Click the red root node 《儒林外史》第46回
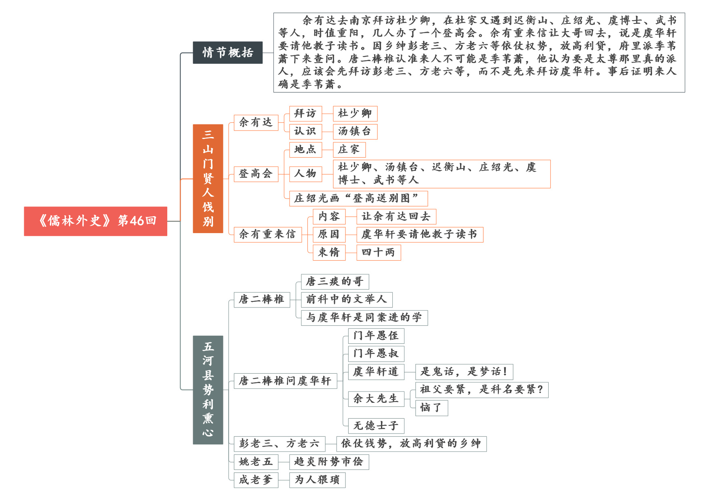click(x=95, y=221)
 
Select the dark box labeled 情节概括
click(x=227, y=53)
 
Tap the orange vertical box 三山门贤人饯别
click(x=208, y=179)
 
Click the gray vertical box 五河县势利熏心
click(x=208, y=390)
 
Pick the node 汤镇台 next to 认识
click(x=355, y=131)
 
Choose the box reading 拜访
click(x=305, y=114)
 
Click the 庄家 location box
click(x=349, y=149)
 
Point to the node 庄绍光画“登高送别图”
click(x=358, y=198)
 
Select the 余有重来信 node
click(x=267, y=234)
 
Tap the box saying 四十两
click(x=379, y=253)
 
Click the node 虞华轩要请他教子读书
click(x=420, y=234)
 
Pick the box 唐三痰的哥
click(x=335, y=282)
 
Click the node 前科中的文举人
click(x=347, y=299)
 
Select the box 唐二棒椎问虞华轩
click(x=285, y=381)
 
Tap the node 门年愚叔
click(x=376, y=354)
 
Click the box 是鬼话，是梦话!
click(x=464, y=372)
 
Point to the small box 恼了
click(x=431, y=408)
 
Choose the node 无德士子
click(x=376, y=426)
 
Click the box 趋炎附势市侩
click(x=329, y=462)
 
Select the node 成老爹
click(x=256, y=480)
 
